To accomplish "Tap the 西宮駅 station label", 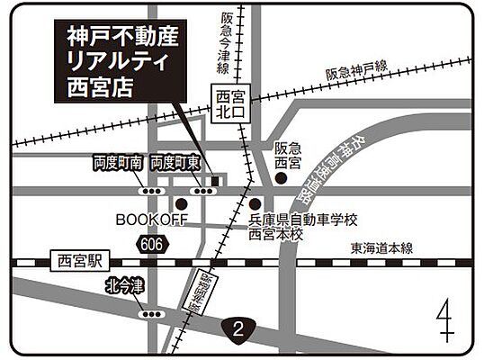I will point(79,262).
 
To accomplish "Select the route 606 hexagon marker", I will point(152,243).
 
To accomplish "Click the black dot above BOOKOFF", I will point(181,203).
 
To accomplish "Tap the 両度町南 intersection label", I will point(118,163).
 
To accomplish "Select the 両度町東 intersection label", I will point(175,163).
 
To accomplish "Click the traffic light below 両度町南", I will point(150,191).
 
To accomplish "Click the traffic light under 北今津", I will point(151,314).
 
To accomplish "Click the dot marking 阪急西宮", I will point(282,178).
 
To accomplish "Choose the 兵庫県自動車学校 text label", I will point(303,220).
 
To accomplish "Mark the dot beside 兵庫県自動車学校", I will point(255,203).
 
